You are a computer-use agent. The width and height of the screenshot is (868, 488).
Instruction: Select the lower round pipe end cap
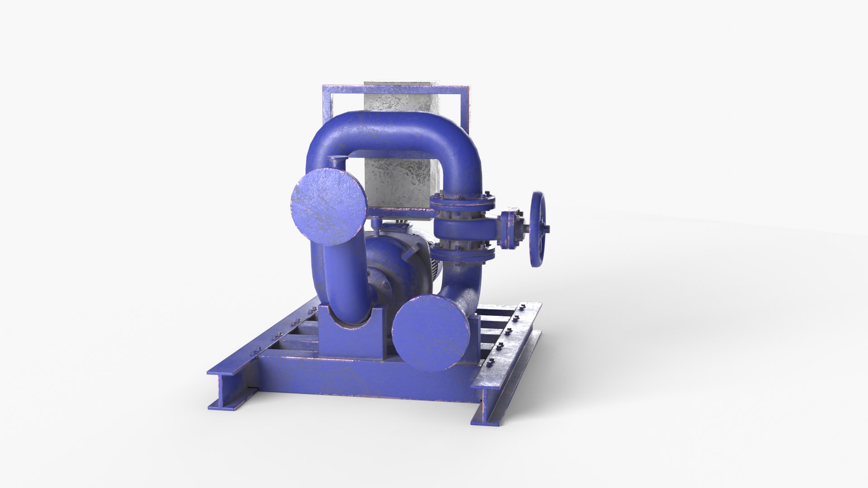(430, 333)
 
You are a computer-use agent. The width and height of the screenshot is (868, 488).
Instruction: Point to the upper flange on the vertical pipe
(462, 201)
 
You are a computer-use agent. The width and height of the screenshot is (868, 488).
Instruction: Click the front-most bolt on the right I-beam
(492, 361)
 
